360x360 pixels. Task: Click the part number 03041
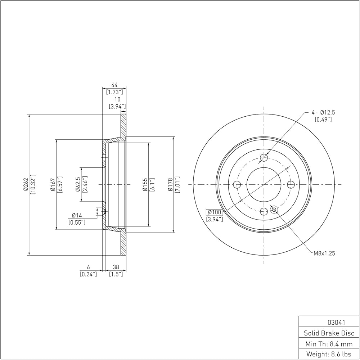(336, 323)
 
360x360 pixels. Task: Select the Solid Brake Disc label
(329, 333)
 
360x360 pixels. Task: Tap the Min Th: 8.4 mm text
(329, 344)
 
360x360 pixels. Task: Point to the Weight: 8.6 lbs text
(329, 354)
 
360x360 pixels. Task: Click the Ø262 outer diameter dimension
(25, 184)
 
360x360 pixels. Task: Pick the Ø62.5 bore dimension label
(78, 184)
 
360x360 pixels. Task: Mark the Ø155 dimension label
(145, 185)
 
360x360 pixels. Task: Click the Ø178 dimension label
(170, 185)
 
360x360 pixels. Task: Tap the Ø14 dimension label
(77, 215)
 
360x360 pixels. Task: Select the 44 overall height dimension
(114, 85)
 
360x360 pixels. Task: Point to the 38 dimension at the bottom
(116, 267)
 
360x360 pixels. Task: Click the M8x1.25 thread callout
(324, 253)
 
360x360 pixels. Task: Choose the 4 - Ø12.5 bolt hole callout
(323, 112)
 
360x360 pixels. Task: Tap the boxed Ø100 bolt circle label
(215, 212)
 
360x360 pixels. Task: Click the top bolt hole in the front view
(264, 158)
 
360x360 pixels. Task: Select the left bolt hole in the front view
(237, 184)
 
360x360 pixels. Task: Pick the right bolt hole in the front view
(291, 184)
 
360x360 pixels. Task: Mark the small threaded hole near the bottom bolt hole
(274, 210)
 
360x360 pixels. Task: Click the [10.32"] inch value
(33, 184)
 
